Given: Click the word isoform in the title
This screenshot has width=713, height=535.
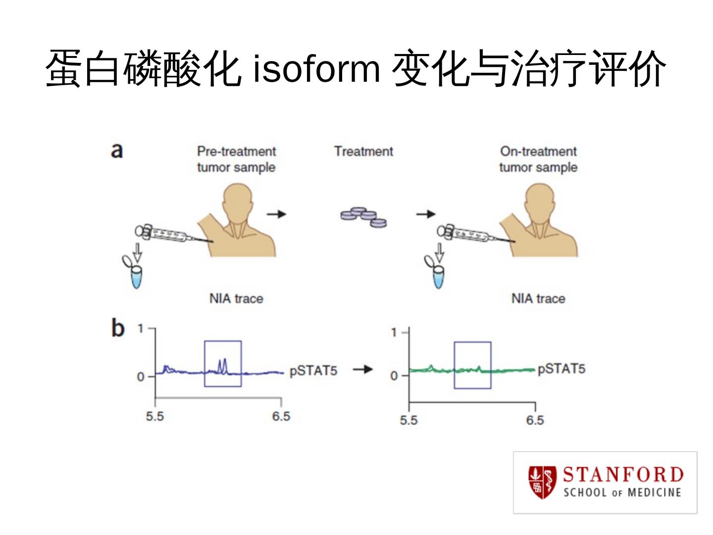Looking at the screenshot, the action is point(316,69).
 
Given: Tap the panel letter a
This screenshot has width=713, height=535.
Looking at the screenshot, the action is point(117,150).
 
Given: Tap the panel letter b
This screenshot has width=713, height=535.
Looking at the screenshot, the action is point(117,328).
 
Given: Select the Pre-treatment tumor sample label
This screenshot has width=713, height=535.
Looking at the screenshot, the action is point(236,159).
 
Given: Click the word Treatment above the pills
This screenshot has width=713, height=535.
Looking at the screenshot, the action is point(363,151).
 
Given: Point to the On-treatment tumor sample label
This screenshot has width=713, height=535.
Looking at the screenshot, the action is point(538,159).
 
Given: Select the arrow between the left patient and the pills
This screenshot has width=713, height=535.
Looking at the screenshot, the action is point(277,214).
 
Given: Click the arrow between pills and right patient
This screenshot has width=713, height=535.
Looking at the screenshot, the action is point(425,214).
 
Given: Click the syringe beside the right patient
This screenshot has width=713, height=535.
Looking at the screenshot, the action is point(465,234).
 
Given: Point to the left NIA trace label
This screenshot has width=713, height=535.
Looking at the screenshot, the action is point(236,299).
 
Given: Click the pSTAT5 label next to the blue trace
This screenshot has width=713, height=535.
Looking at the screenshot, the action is point(313,371).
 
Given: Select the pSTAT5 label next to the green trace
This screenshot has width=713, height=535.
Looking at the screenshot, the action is point(561,369).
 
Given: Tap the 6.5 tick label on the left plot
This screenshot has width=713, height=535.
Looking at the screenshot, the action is point(281,416).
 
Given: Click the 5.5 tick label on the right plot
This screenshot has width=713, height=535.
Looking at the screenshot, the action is point(408,421).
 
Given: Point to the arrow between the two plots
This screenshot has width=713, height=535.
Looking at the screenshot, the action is point(362,369).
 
